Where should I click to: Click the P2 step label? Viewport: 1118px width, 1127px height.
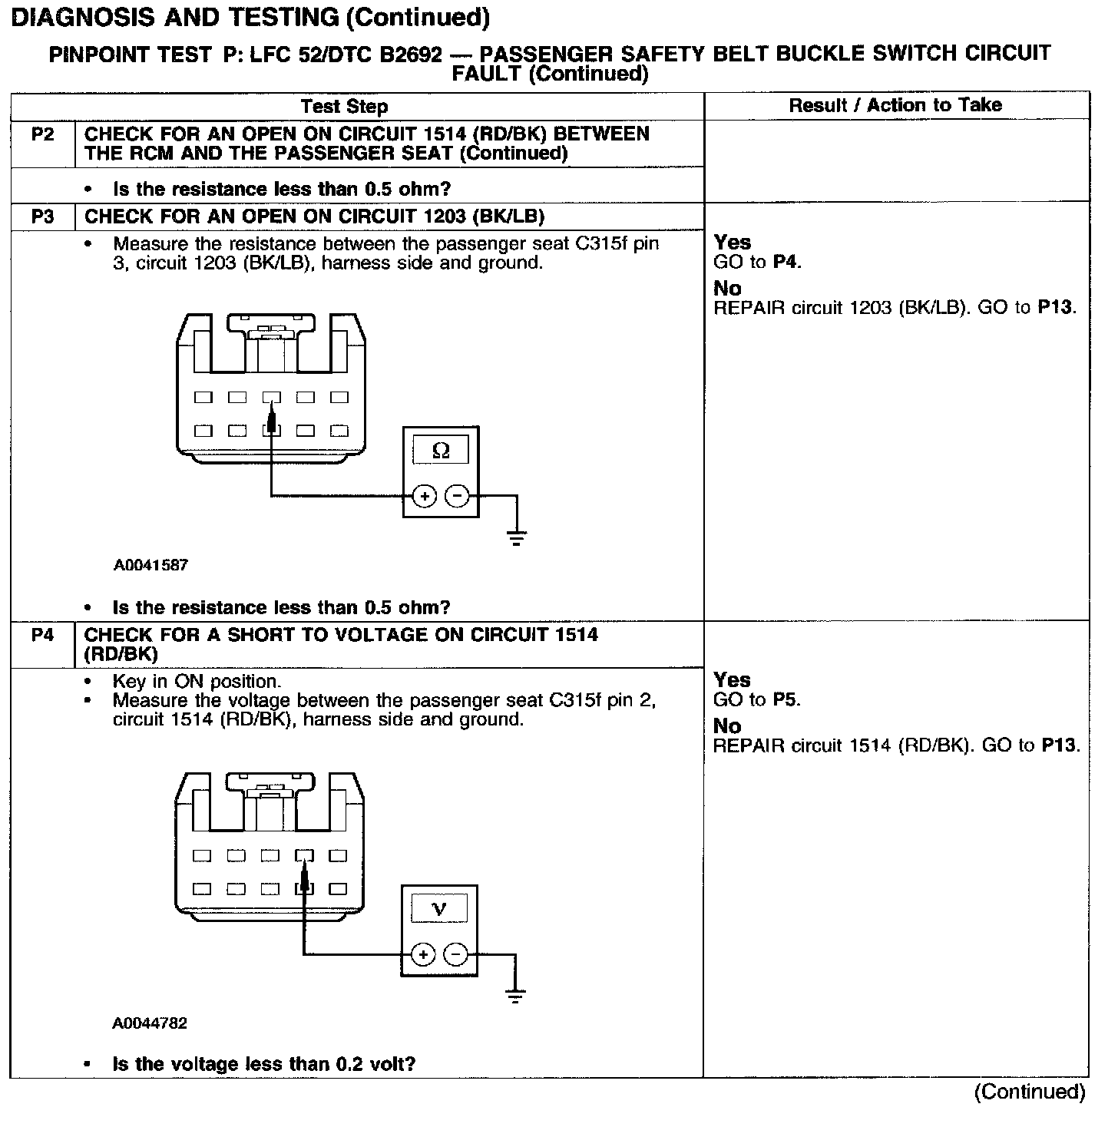click(x=43, y=134)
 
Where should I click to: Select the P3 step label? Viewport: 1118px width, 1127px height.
click(x=43, y=216)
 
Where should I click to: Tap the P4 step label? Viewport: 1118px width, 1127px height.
click(x=43, y=635)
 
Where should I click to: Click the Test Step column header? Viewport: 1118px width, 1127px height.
click(x=345, y=107)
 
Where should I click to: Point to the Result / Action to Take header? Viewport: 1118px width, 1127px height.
click(x=895, y=105)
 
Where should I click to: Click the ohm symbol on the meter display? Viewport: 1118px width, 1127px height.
click(x=441, y=451)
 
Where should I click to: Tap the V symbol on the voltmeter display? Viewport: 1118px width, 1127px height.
click(x=439, y=910)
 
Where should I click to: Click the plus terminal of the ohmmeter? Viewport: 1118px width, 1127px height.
click(x=425, y=497)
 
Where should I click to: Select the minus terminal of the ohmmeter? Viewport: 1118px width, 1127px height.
click(x=458, y=497)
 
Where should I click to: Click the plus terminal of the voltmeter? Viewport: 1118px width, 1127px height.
click(x=422, y=955)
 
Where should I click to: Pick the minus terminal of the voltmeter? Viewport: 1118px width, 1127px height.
click(x=456, y=955)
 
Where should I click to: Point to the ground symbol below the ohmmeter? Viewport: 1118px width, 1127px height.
click(x=517, y=537)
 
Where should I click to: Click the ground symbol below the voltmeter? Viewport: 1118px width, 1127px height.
click(x=515, y=996)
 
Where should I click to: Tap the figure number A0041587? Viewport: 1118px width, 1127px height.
click(x=150, y=566)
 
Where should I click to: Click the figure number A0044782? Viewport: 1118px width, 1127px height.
click(x=150, y=1023)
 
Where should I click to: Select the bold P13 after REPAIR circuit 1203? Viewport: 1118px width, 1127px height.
click(x=1056, y=308)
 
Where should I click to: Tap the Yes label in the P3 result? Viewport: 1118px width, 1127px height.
click(x=732, y=243)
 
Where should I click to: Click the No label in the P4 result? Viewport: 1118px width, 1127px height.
click(x=727, y=726)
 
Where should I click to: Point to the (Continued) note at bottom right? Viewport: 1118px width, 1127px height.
click(x=1030, y=1092)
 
